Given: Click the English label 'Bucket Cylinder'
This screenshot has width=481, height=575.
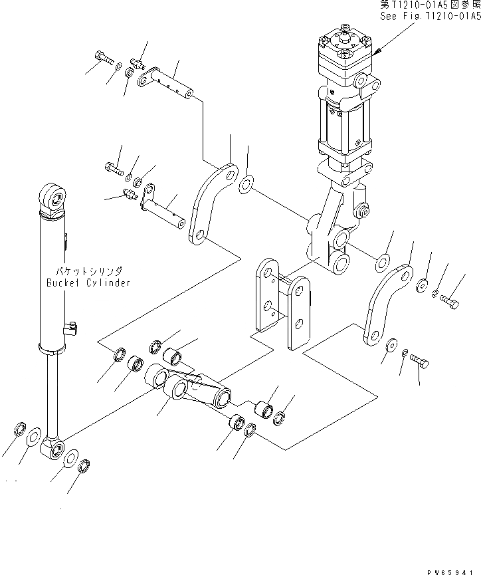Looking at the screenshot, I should point(88,283).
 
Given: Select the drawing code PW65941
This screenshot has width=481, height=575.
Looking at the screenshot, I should point(452,570).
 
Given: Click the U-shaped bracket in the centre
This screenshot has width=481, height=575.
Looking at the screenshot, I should point(282,302).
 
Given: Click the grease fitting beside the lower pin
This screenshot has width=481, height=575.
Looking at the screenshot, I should point(128,194).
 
